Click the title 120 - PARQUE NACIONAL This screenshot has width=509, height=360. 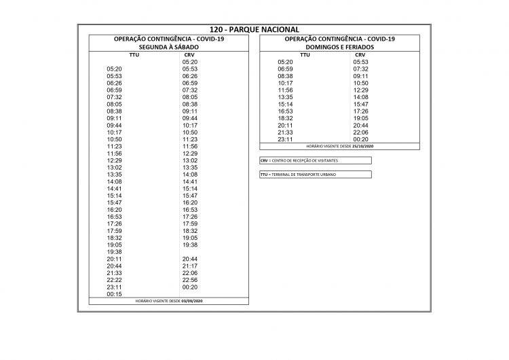[x=254, y=30]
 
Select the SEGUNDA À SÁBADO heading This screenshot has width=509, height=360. [x=168, y=47]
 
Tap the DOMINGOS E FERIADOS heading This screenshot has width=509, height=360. [x=339, y=47]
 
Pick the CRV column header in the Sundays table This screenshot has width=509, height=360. [x=360, y=54]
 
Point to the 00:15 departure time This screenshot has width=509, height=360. [x=114, y=294]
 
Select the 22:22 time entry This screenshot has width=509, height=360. [x=114, y=280]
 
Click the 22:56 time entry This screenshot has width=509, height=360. [x=190, y=280]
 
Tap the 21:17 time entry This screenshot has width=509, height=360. [x=190, y=266]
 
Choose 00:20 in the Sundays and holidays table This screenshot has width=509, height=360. [x=360, y=139]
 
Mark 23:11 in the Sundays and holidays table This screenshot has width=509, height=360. [x=285, y=139]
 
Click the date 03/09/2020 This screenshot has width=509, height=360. [x=192, y=301]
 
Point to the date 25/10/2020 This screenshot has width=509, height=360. [x=363, y=146]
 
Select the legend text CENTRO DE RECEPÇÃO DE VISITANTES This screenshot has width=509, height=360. [x=304, y=160]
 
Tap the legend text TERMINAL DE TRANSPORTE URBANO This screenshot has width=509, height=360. [x=303, y=175]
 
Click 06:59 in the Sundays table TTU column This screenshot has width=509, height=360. [x=285, y=69]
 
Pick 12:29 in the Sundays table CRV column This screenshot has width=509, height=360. [x=360, y=90]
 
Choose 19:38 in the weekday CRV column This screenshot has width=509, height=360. [x=190, y=245]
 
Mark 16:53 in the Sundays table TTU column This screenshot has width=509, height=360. [x=285, y=111]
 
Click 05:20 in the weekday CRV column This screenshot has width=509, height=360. [x=190, y=62]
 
